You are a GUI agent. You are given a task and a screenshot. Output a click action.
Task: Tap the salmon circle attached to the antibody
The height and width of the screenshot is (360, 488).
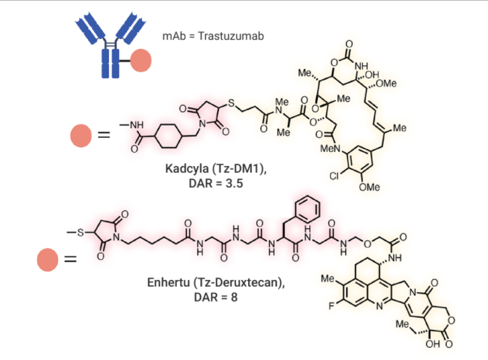click(x=140, y=60)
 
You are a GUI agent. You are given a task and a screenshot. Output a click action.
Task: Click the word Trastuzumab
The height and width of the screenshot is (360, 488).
click(x=231, y=36)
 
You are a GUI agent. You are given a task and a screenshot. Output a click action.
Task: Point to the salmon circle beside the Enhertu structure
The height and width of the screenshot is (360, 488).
click(x=48, y=259)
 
